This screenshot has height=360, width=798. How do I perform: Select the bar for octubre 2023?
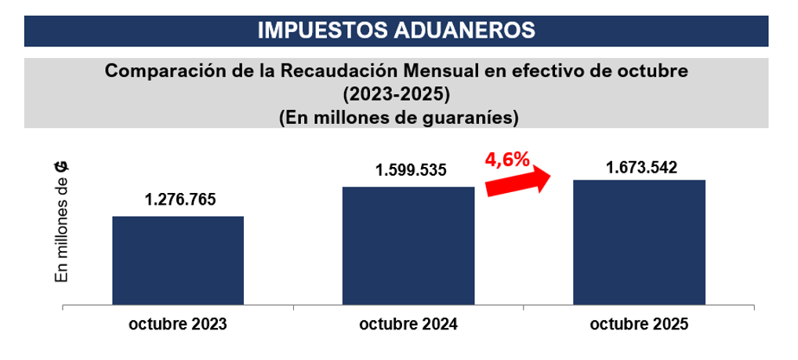[178, 260]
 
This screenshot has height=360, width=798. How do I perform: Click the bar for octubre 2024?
[408, 245]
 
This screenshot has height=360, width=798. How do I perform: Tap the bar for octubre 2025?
[639, 242]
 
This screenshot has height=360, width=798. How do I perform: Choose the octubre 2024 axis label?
[409, 324]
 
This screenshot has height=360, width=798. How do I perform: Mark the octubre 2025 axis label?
[639, 324]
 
